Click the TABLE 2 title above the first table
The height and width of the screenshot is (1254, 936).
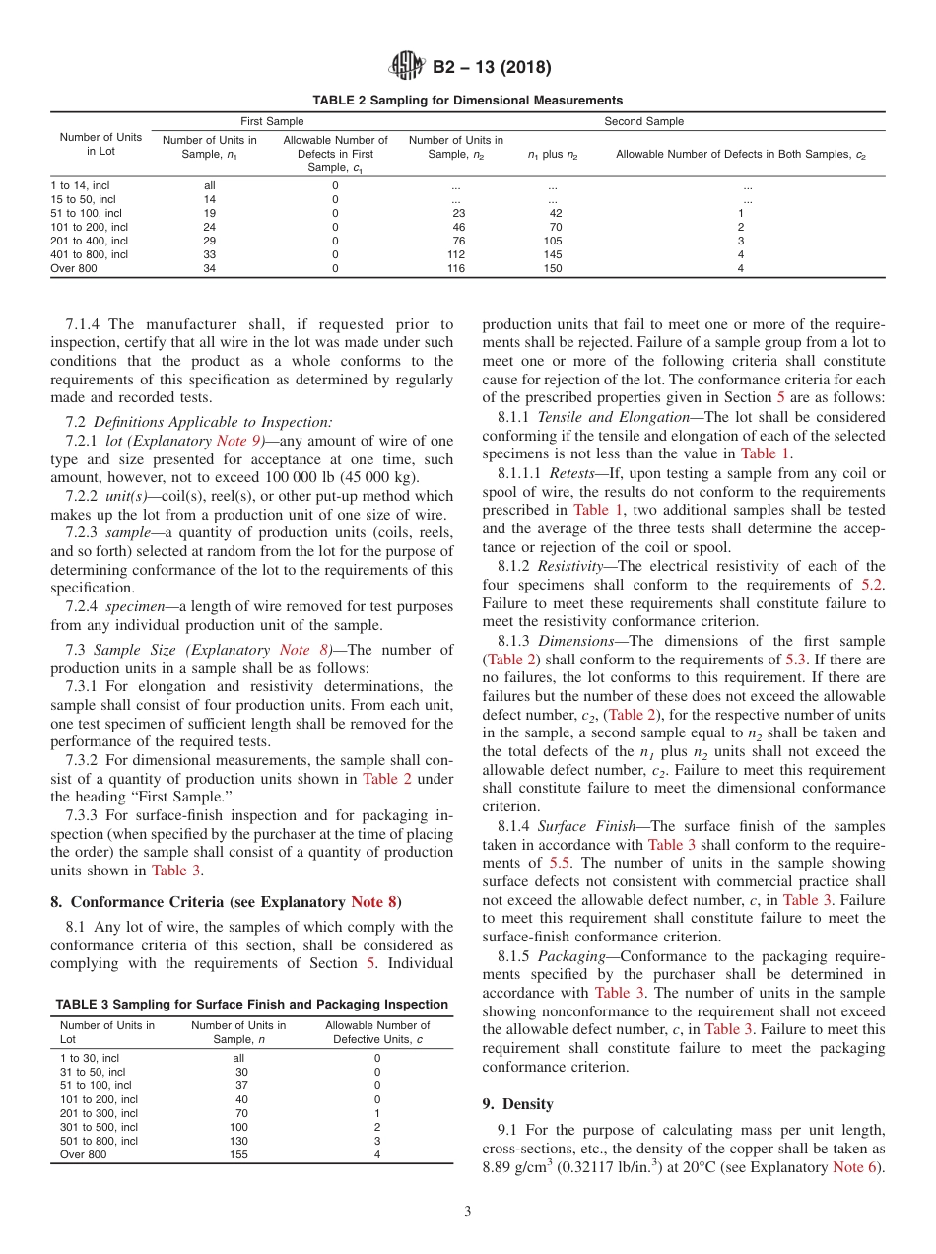pos(467,101)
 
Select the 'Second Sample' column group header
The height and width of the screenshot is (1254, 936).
pos(643,121)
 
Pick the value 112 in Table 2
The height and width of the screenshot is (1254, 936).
pos(456,254)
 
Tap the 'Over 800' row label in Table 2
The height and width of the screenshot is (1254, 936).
pos(74,268)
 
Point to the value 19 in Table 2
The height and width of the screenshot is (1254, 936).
pos(209,213)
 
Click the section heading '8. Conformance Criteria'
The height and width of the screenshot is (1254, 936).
pos(226,901)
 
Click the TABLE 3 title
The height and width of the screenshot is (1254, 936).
pos(251,1004)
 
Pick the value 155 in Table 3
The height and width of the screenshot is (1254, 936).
pos(238,1154)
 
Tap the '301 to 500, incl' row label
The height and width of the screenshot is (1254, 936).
pos(99,1127)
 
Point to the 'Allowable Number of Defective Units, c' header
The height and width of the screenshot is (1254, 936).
pos(377,1032)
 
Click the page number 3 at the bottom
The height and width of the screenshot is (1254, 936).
pos(468,1212)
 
